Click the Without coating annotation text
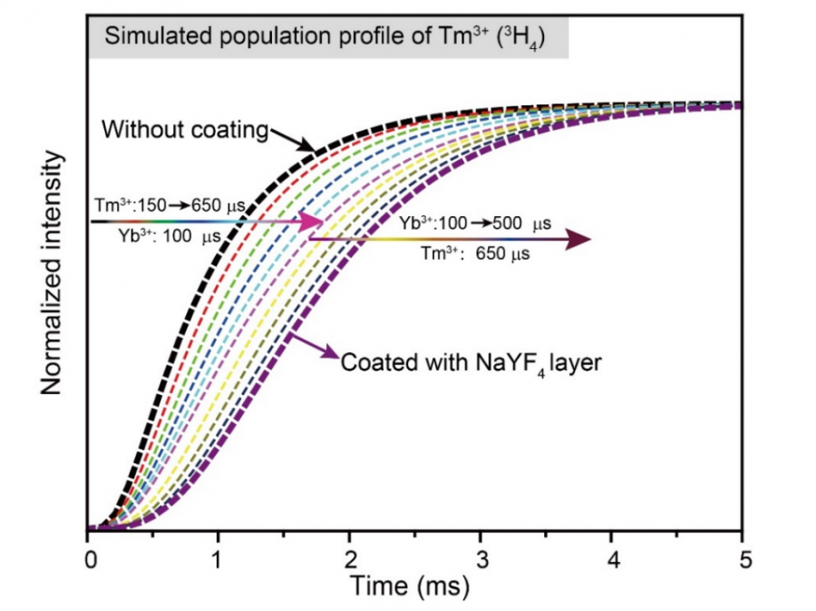point(185,129)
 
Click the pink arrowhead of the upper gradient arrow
point(313,222)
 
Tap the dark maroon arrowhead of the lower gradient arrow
point(578,239)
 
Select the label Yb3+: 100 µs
point(168,236)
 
